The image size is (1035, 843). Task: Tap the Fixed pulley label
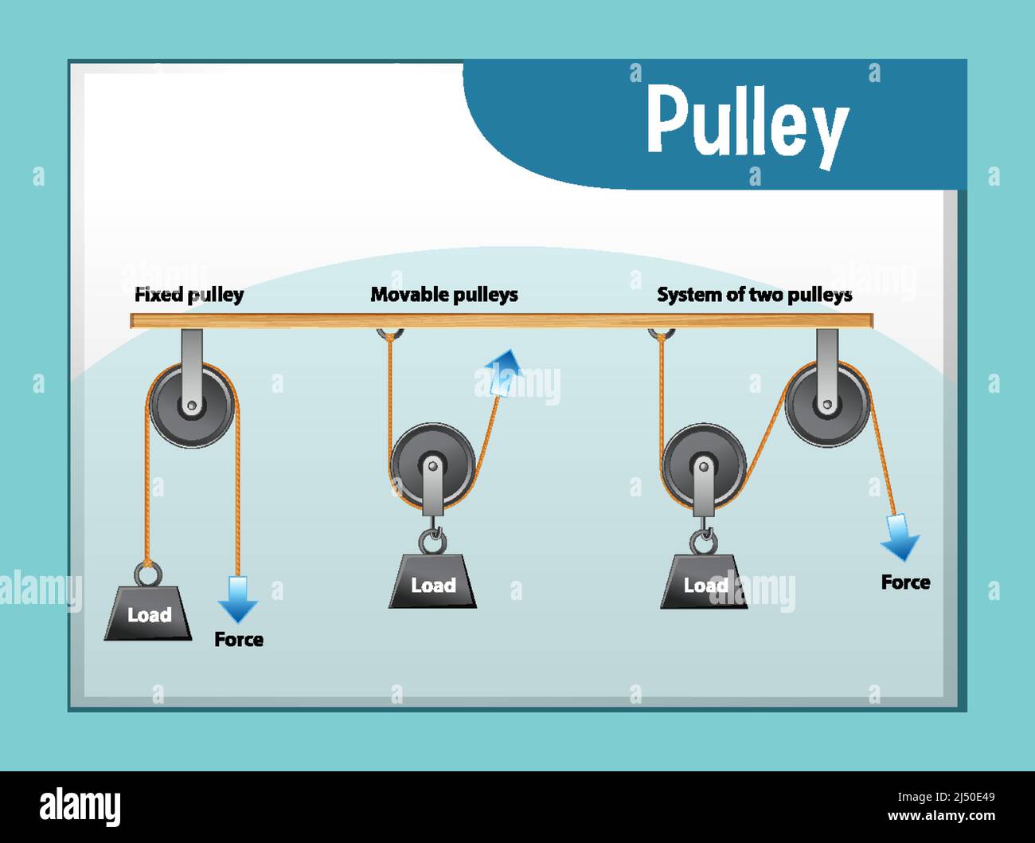tap(189, 295)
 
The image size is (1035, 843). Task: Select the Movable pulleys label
tap(443, 295)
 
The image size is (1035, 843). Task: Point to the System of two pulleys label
tap(754, 295)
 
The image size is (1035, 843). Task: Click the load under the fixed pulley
tap(148, 613)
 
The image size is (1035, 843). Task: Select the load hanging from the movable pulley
tap(432, 582)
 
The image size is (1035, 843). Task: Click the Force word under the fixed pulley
tap(238, 640)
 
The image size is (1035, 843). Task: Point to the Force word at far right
tap(905, 582)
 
